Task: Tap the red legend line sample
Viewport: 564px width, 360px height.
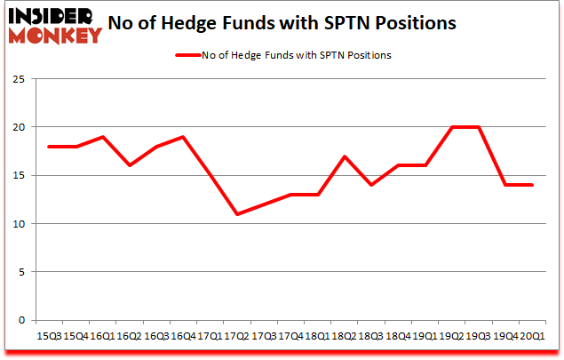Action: [x=188, y=54]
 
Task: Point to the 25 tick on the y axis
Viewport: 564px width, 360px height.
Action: [x=17, y=79]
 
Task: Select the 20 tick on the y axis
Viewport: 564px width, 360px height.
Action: [x=17, y=127]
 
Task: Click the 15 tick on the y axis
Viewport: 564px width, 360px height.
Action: [x=17, y=175]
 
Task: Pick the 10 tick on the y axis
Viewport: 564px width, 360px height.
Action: [x=17, y=224]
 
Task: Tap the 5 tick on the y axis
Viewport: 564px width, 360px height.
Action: [x=20, y=272]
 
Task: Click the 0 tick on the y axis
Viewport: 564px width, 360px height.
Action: [x=20, y=320]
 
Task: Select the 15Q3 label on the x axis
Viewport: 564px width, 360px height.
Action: [x=49, y=337]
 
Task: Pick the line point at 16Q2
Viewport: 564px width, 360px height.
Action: [x=129, y=165]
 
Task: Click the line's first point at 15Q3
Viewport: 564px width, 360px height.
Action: [x=49, y=147]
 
